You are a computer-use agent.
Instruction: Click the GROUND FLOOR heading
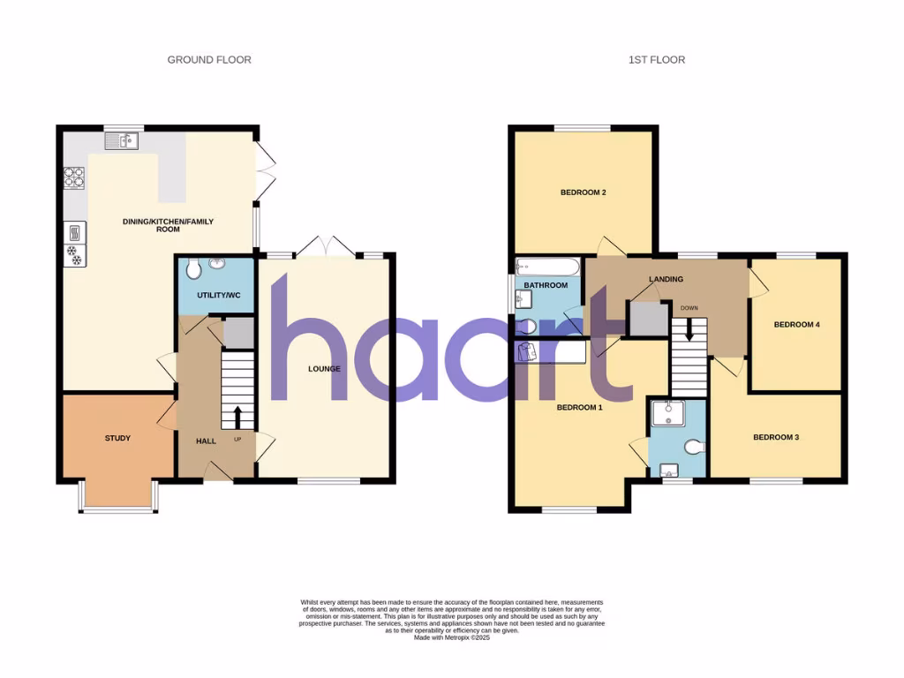209,60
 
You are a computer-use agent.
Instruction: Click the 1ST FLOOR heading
656,60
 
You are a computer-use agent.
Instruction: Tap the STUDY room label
117,438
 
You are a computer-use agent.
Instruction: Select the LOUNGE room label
324,369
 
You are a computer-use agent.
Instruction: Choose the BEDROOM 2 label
583,192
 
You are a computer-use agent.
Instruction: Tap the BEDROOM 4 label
796,325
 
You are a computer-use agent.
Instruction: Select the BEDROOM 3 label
775,437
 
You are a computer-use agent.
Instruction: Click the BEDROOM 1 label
579,408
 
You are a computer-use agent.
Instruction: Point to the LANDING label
666,280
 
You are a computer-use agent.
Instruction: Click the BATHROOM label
546,286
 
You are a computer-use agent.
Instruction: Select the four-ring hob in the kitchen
74,179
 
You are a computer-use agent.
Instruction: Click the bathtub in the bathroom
547,266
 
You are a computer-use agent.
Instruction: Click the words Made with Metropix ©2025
451,637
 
